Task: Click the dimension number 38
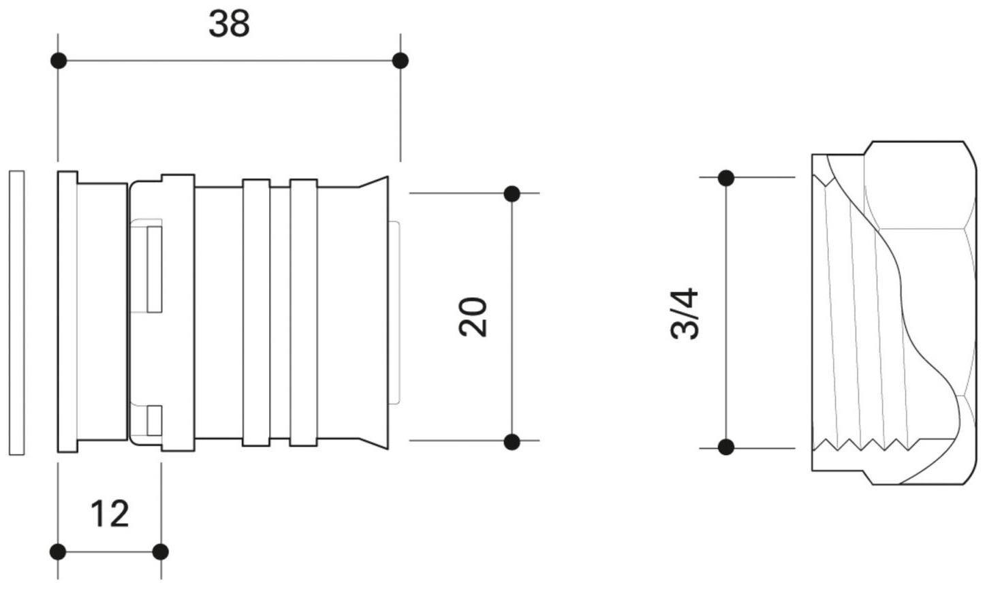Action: tap(229, 24)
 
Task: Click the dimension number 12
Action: tap(110, 513)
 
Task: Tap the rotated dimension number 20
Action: tap(473, 317)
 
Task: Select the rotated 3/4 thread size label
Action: tap(685, 313)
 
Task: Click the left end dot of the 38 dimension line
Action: tap(59, 61)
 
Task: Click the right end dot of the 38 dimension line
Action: tap(400, 61)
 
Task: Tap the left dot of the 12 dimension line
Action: tap(58, 552)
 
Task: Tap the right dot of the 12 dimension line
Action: tap(160, 552)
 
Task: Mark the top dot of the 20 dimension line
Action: tap(512, 194)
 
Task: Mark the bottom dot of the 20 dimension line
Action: tap(512, 442)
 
